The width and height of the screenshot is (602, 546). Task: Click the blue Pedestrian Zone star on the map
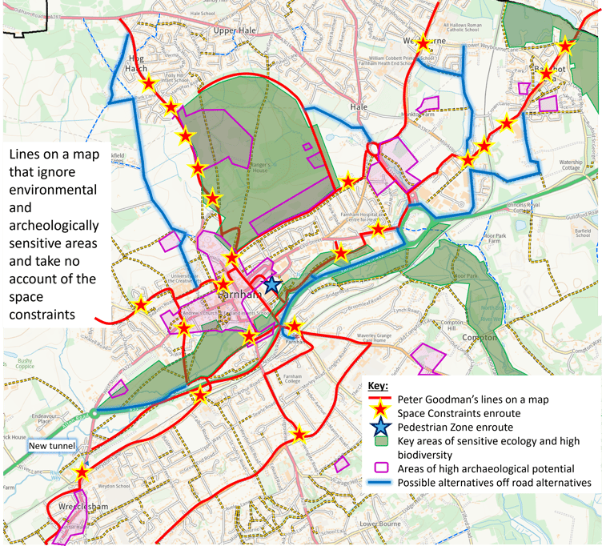[x=272, y=284]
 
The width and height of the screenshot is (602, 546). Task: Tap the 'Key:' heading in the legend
[x=378, y=386]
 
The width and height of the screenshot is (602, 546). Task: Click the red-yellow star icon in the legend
[x=379, y=413]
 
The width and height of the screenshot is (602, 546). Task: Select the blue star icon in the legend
[x=379, y=428]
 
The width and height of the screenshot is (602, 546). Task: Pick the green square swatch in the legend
[x=379, y=441]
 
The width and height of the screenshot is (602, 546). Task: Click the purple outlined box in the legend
[x=379, y=468]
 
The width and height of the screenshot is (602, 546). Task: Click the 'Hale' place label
[x=359, y=106]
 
